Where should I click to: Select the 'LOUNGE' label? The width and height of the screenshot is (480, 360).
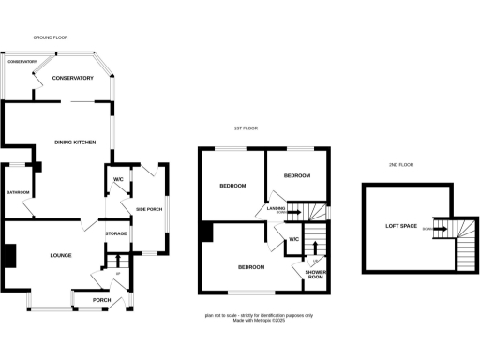click(x=61, y=255)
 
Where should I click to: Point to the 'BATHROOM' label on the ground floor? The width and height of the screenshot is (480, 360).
click(x=19, y=193)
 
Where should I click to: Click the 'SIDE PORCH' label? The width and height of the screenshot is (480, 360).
click(x=149, y=209)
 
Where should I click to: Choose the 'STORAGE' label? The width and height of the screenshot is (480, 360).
click(x=115, y=233)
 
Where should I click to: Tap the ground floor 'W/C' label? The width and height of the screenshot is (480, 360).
click(x=119, y=179)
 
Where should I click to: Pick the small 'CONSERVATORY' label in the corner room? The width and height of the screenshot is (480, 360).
click(x=22, y=61)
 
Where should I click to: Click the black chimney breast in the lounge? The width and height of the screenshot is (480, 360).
click(x=8, y=255)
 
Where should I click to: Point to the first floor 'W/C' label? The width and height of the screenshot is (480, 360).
click(x=293, y=239)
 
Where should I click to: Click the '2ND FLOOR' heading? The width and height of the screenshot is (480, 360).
click(x=400, y=165)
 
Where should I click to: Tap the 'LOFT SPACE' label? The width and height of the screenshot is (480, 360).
click(x=401, y=227)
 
